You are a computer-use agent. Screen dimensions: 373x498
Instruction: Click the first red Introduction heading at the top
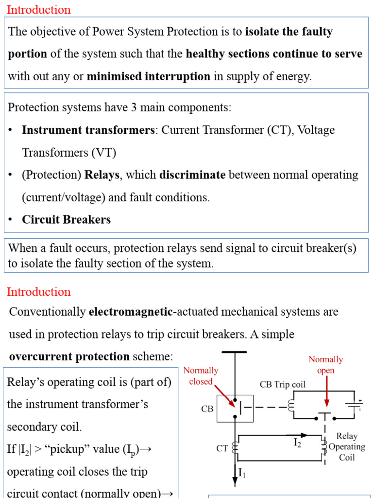coord(39,10)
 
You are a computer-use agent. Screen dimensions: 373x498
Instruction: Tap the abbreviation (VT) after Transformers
coord(104,153)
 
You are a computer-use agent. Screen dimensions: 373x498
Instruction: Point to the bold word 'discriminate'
coord(192,175)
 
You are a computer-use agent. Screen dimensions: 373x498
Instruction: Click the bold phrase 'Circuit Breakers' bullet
coord(66,219)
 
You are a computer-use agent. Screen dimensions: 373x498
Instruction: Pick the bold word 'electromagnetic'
coord(131,312)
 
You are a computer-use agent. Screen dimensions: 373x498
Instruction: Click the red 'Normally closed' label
coord(201,376)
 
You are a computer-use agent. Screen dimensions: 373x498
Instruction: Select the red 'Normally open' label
coord(326,365)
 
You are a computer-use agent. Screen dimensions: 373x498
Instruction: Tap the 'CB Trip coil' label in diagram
coord(282,385)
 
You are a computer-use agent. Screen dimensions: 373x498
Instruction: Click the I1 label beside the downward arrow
coord(242,474)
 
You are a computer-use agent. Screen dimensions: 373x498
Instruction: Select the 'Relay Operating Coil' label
coord(347,446)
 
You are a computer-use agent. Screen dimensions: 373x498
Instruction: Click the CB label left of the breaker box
coord(207,409)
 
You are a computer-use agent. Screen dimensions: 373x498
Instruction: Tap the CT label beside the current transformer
coord(222,448)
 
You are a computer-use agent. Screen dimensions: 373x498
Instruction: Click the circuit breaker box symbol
coord(235,409)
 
